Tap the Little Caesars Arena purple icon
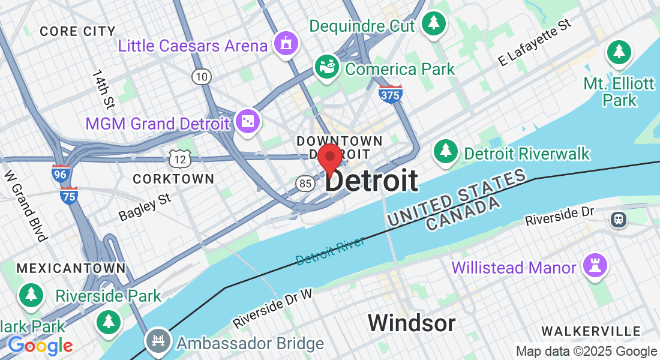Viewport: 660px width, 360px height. (x=286, y=44)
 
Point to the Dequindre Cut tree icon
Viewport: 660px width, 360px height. (x=433, y=24)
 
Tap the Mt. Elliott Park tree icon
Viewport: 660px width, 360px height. (x=619, y=52)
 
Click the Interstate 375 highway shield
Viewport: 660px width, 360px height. (x=391, y=94)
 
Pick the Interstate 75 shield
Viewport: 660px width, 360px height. (x=69, y=196)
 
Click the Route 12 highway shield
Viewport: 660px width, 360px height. (x=180, y=159)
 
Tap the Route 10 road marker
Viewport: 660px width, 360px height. (x=202, y=76)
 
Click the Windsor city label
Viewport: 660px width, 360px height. (x=412, y=323)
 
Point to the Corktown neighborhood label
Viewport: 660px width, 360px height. (x=173, y=179)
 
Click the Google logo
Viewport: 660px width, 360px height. (x=40, y=346)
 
